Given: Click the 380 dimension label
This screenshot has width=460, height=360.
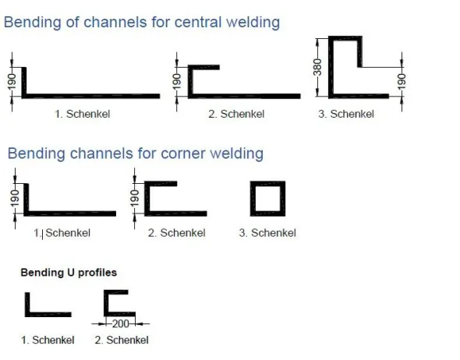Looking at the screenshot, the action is point(317,67).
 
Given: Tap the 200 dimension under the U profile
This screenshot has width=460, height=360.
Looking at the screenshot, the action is point(121,324).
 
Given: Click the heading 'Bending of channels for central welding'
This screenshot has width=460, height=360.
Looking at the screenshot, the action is point(142,23).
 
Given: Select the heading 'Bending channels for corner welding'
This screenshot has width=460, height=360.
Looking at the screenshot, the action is point(136,154).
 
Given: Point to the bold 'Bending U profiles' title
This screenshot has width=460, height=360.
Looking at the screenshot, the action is point(69,273).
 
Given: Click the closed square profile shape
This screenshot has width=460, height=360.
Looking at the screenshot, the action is point(253,199).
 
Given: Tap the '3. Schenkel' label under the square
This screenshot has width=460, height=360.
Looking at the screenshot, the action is point(267,233).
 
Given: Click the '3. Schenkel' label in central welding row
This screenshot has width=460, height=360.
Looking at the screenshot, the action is point(346,114).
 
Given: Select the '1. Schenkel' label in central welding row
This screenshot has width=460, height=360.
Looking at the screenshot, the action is point(83,114).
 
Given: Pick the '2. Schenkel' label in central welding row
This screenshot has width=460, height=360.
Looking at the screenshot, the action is point(236,114).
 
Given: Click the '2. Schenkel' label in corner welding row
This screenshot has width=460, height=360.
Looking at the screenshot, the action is point(177,233).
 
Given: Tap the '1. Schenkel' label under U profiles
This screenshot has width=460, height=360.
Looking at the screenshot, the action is point(48,340).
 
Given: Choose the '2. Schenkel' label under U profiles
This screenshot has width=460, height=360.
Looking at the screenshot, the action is point(122,340).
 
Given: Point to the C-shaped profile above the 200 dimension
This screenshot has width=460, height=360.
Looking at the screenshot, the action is point(106,303).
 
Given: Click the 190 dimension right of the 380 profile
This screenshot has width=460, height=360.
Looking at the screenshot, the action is point(402,82).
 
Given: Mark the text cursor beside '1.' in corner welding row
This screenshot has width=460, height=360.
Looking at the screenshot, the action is point(43,235).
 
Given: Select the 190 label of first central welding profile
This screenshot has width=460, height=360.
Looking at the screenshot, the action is point(12,82).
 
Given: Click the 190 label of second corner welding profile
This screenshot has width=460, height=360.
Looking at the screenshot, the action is point(134,198).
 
